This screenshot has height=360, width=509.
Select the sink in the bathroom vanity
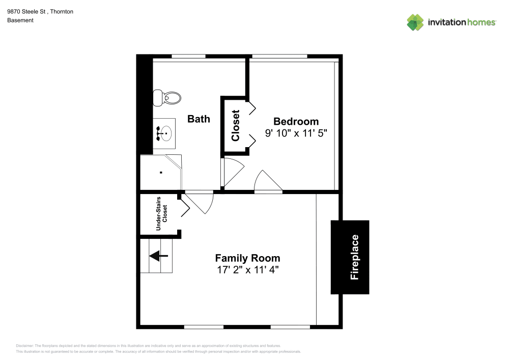coord(165,133)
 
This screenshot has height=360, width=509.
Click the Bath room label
coord(199,119)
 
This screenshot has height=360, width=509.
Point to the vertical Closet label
coord(235,126)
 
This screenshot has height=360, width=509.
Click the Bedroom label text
coord(296,121)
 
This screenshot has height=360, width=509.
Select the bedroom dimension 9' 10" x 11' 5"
coord(296,133)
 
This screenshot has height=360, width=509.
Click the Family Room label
coord(247,258)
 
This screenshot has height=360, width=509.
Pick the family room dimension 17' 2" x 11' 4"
coord(247,270)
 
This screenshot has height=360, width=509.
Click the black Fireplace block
coord(350,257)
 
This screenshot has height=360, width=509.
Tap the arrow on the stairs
coord(158,256)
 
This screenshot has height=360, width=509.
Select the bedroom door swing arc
coord(266,181)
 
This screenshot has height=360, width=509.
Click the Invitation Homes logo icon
coord(415,22)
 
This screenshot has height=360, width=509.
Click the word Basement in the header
coord(20,20)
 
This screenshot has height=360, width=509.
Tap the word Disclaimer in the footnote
coord(25,345)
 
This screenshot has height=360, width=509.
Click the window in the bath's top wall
coord(188,56)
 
